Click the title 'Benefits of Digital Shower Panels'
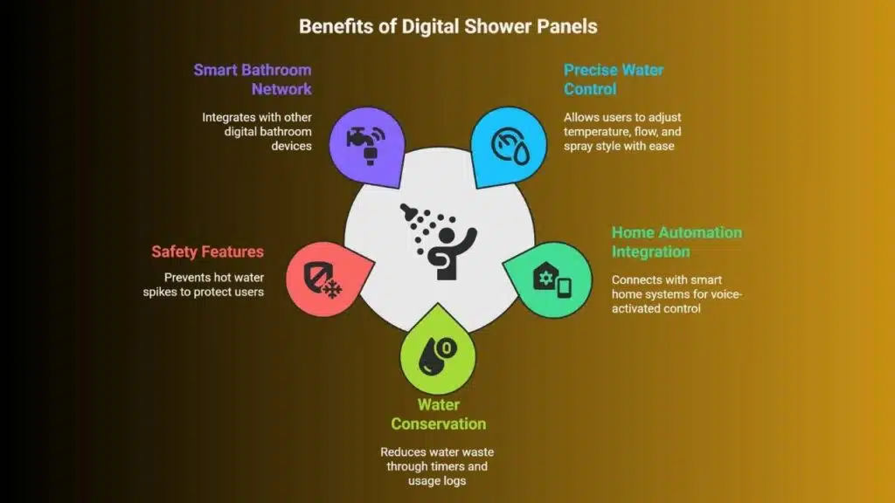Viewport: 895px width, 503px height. [x=448, y=26]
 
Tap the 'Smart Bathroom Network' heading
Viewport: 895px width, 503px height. [x=253, y=79]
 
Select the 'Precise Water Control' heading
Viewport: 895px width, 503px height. [x=614, y=79]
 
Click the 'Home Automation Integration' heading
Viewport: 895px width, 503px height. [x=677, y=242]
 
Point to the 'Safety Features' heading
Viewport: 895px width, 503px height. [x=208, y=251]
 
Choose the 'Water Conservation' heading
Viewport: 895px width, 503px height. [x=439, y=414]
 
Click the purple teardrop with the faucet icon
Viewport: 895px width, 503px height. [x=367, y=147]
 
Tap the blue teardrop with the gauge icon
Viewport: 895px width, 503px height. [x=509, y=147]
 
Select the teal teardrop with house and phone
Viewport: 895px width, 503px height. [x=548, y=279]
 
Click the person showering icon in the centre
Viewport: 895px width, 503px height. [x=439, y=241]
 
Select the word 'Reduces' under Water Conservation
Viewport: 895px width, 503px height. [x=400, y=452]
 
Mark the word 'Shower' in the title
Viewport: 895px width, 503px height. [x=497, y=26]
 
